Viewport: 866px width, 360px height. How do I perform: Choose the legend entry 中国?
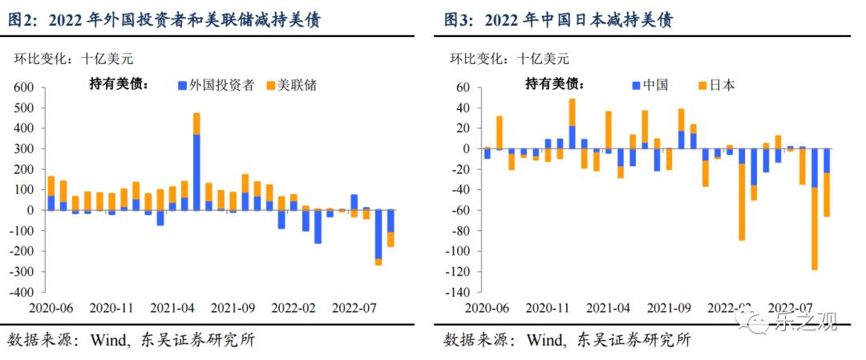click(x=650, y=85)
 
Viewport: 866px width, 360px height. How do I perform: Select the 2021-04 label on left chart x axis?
click(x=173, y=307)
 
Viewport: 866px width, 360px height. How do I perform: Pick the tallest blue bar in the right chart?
click(x=573, y=137)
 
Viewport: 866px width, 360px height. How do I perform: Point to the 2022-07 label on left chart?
click(x=354, y=307)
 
